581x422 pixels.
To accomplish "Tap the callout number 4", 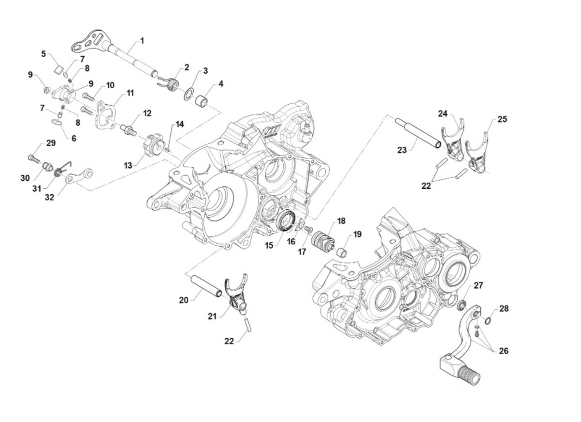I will (221, 83).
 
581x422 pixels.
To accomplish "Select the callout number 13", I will (128, 165).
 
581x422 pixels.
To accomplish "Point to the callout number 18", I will (341, 221).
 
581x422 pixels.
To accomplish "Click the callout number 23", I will (402, 150).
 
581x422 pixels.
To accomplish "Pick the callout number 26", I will (504, 351).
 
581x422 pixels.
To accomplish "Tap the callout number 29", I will (51, 143).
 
